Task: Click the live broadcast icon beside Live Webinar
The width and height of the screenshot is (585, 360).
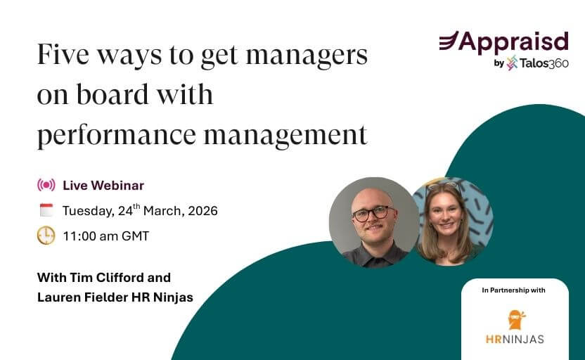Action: tap(46, 186)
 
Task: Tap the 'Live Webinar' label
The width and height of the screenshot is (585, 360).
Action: tap(103, 186)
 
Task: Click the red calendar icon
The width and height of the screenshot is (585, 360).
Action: tap(46, 210)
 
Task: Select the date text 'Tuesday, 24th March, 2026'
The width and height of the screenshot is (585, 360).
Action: tap(140, 210)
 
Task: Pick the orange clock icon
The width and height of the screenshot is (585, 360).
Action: tap(46, 236)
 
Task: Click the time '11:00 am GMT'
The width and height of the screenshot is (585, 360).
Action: tap(106, 236)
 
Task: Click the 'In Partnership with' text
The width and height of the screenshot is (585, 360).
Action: tap(515, 290)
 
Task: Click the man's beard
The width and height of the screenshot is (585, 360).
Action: tap(373, 235)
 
